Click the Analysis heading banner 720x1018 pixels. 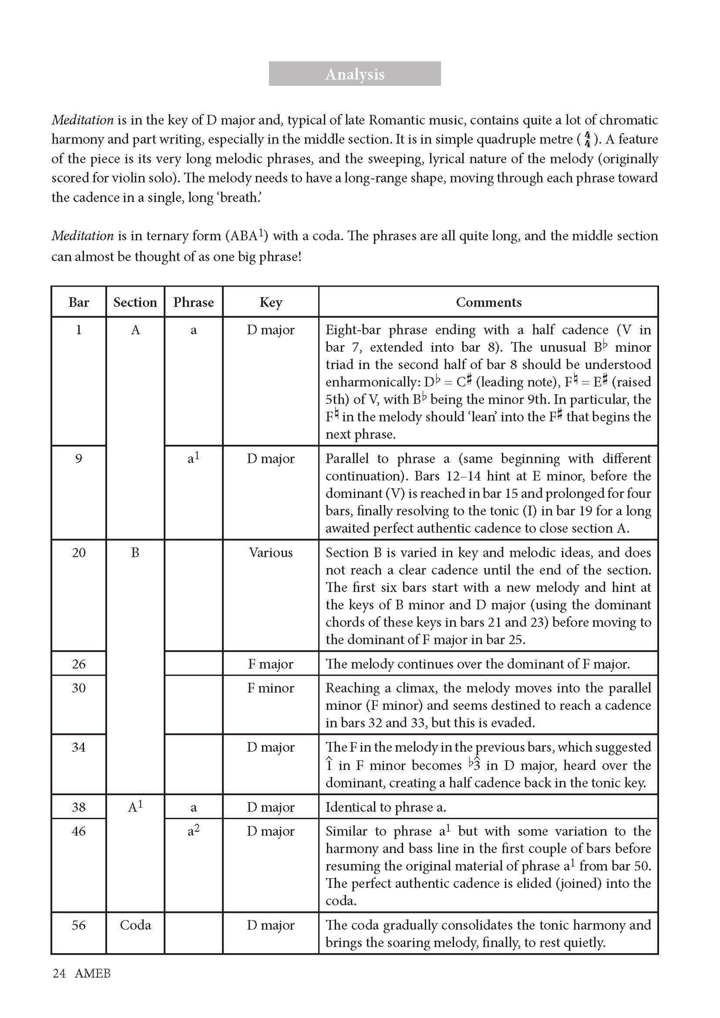[355, 74]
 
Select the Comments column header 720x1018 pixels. [488, 302]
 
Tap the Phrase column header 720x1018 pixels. [193, 302]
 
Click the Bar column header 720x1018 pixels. [79, 302]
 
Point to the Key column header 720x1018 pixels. [270, 302]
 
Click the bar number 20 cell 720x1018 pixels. [79, 553]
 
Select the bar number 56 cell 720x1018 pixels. [79, 925]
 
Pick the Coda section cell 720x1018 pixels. [135, 925]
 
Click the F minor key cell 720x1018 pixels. [270, 688]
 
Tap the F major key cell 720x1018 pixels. [270, 664]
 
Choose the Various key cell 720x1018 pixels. [270, 553]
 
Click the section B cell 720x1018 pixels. [135, 553]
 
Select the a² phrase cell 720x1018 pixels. [193, 831]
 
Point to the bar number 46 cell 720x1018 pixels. [79, 831]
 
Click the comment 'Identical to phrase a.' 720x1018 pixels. [386, 807]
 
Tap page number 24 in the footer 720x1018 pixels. [59, 973]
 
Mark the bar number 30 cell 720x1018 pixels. [79, 688]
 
